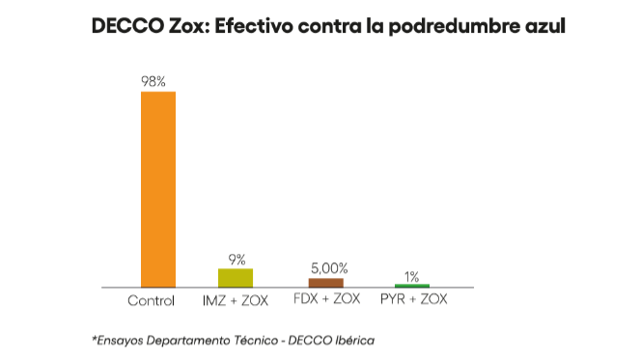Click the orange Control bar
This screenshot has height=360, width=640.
(x=158, y=189)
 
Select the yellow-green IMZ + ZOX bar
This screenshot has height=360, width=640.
(x=236, y=278)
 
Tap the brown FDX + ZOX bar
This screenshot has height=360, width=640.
(x=325, y=283)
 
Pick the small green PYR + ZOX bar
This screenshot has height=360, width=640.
(x=412, y=286)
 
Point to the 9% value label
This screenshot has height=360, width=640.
(x=237, y=260)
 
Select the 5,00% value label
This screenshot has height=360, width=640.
(x=328, y=268)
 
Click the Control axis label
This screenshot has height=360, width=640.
(x=152, y=300)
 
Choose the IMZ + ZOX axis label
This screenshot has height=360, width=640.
(x=236, y=300)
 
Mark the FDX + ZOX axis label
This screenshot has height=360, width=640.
(x=326, y=299)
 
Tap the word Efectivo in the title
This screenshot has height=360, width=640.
(x=260, y=27)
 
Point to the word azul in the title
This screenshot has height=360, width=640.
(x=543, y=27)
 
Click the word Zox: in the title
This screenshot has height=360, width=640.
(x=187, y=27)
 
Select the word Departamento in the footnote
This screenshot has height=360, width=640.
(x=185, y=341)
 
